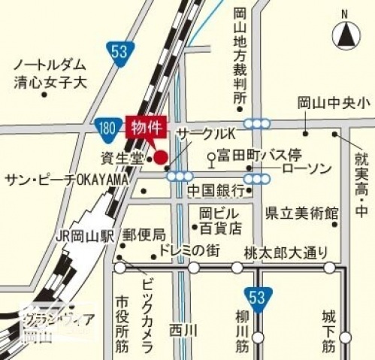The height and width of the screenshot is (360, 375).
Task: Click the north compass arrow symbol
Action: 345,35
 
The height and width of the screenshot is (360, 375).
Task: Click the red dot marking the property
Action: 160,157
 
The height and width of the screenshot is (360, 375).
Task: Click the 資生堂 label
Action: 122,158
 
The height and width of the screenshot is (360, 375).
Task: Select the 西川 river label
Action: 182,329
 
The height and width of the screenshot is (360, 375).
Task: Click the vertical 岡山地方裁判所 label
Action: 240,56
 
